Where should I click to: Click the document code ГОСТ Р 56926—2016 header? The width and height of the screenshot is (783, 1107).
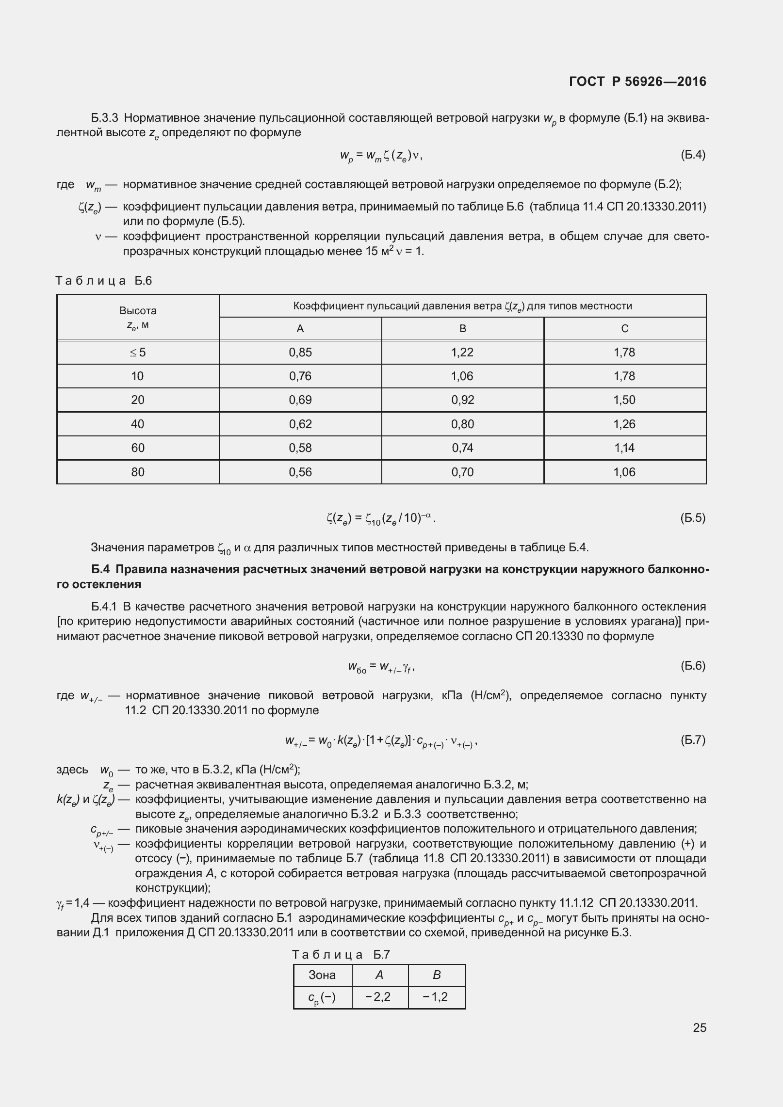[637, 81]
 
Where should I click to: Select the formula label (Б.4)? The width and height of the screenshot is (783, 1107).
[693, 155]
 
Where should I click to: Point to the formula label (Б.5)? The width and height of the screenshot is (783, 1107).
[693, 518]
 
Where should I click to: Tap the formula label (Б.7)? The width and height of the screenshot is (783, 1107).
[693, 740]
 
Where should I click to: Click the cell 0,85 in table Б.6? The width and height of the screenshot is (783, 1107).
[300, 353]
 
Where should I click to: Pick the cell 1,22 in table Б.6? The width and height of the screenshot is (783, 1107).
[462, 353]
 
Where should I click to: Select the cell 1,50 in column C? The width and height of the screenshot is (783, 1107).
[624, 400]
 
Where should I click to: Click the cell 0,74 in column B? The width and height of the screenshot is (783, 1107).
[462, 448]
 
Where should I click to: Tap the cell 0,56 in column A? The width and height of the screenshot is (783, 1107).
[300, 472]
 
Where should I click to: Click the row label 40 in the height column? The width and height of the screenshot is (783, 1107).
[138, 424]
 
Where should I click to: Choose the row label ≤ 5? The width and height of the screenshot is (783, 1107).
[138, 353]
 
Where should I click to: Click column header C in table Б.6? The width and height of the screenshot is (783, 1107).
[625, 329]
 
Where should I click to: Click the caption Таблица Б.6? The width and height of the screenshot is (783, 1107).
[104, 281]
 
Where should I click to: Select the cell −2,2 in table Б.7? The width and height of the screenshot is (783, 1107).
[378, 996]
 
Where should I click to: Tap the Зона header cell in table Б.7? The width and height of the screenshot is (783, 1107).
[322, 975]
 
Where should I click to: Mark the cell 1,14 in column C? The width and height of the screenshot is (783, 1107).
[624, 448]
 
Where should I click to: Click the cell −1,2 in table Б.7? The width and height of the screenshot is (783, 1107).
[436, 996]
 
